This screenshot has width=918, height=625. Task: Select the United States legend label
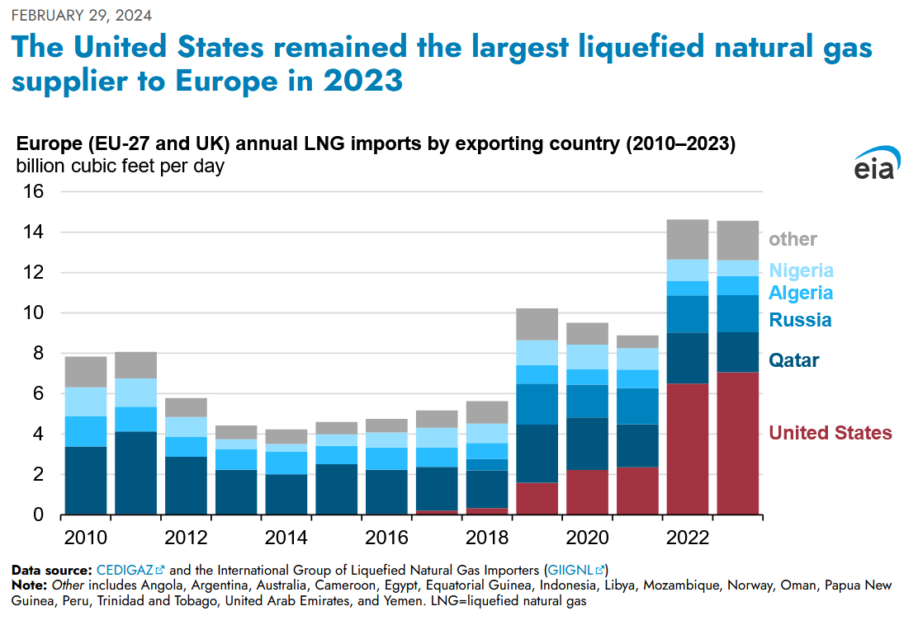coord(830,433)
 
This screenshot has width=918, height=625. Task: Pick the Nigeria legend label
coord(801,270)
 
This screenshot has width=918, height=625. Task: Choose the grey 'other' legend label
coord(793,239)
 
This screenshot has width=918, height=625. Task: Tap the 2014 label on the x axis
coord(286,538)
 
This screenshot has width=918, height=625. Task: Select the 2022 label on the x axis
coord(688,538)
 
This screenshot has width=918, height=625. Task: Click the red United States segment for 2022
coord(688,449)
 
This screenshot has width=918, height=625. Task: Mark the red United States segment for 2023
coord(738,444)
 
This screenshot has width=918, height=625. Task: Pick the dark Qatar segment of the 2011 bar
coord(135,473)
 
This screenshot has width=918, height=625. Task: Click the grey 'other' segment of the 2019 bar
coord(537,324)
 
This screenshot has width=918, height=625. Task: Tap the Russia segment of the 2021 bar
coord(637,406)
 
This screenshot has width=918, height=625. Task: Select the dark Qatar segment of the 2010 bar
coord(86,481)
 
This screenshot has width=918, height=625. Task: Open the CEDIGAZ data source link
coord(125,570)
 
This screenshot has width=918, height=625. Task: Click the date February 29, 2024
coord(81,16)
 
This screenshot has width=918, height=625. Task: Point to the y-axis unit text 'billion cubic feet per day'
coord(120,165)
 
